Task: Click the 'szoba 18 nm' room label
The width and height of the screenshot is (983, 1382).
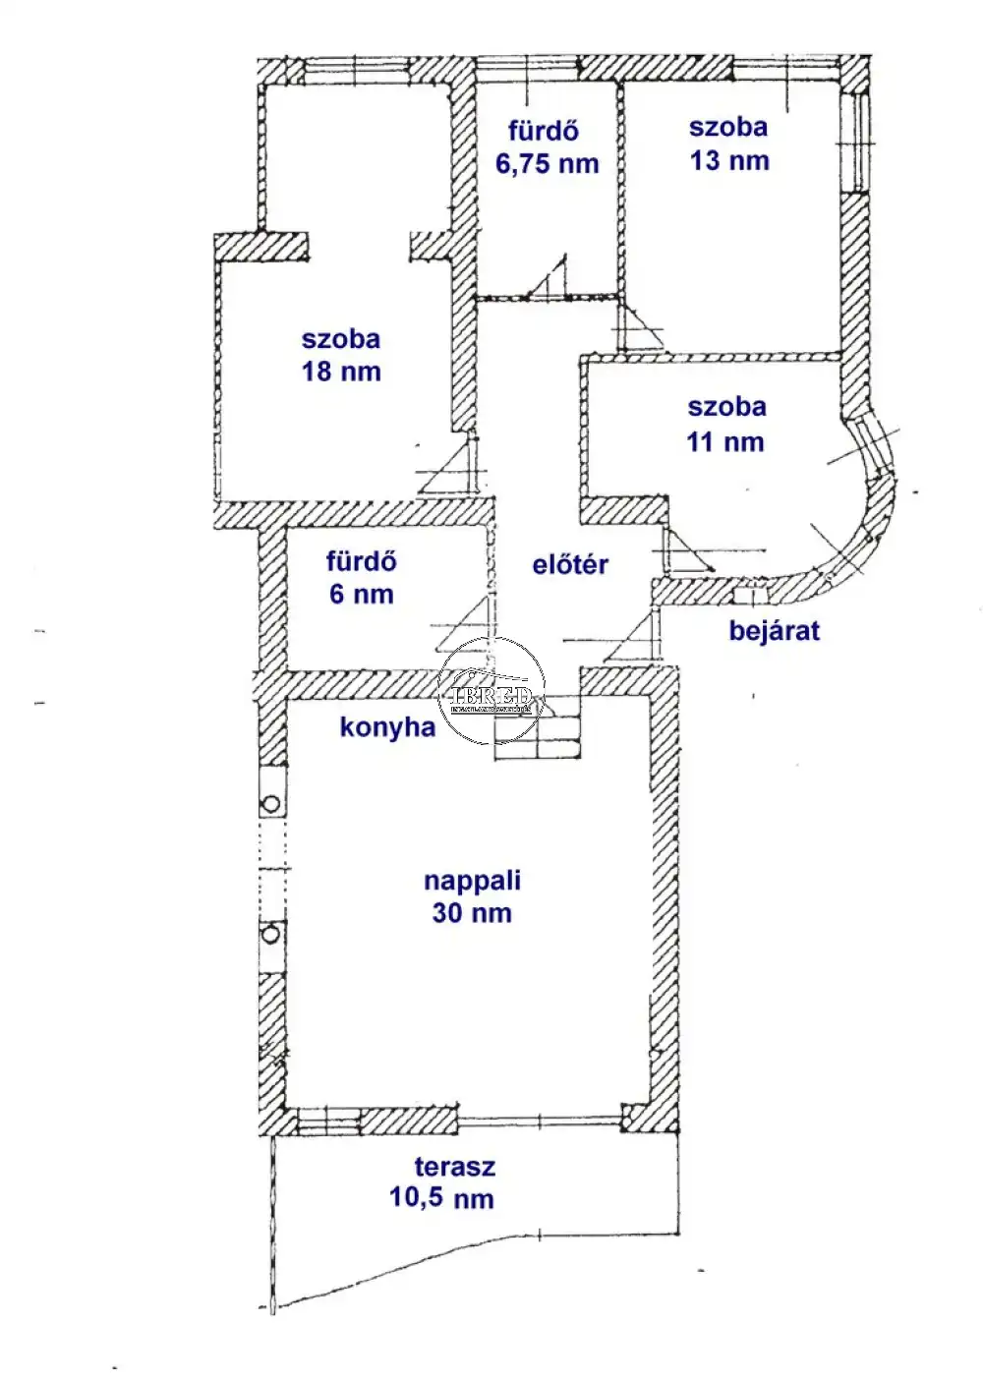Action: point(341,355)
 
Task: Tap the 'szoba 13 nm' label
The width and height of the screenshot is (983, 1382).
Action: point(728,144)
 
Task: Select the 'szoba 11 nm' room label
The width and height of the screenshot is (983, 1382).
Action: point(726,424)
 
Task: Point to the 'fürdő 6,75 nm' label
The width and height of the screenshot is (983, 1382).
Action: point(547,147)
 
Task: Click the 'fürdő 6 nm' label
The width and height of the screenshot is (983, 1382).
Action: point(362,578)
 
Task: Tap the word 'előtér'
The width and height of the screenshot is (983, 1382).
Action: point(570,564)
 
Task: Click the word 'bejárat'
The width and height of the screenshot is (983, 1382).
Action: point(774,630)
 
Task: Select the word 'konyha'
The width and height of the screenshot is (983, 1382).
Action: point(387,727)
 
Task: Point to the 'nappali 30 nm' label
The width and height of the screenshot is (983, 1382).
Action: point(472,896)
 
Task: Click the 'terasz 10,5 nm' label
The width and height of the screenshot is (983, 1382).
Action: point(441,1182)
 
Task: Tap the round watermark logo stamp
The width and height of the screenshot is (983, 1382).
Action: point(491,692)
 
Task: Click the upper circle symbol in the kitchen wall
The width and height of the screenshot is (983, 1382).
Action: point(271,804)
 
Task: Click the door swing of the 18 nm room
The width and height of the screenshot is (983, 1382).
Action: point(454,467)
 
